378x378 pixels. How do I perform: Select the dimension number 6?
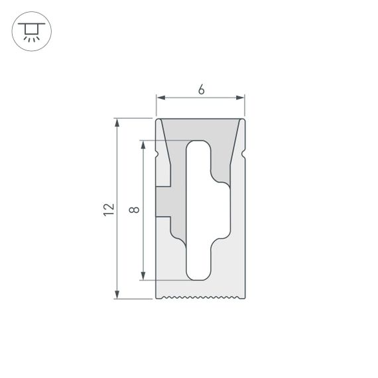(x=200, y=90)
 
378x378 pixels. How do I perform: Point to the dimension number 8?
(x=134, y=210)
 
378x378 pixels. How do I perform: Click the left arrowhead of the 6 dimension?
(x=160, y=98)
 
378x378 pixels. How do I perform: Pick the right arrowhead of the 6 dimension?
(x=241, y=98)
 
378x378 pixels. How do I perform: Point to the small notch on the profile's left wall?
(x=157, y=154)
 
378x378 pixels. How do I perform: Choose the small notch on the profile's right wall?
(x=243, y=154)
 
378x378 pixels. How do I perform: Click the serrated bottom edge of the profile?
(x=200, y=297)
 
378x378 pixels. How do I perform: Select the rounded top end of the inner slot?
(x=198, y=145)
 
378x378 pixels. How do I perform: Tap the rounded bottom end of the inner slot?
(x=198, y=275)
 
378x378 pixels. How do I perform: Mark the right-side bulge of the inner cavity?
(x=222, y=210)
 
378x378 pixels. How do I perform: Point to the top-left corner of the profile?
(x=157, y=119)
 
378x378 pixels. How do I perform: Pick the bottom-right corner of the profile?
(x=244, y=297)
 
